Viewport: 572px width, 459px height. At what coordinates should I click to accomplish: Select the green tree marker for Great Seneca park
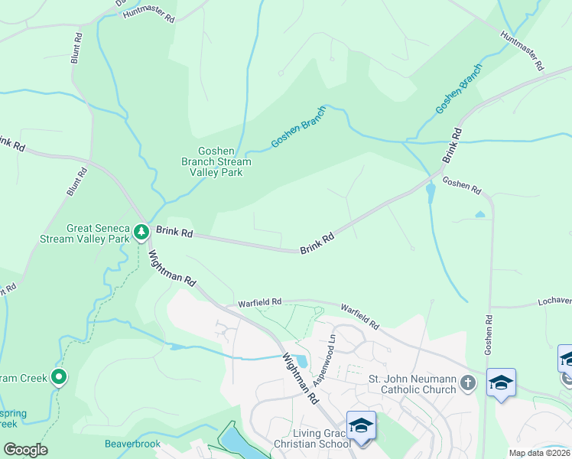coord(141,230)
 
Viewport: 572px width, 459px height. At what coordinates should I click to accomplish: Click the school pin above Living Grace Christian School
coord(361,425)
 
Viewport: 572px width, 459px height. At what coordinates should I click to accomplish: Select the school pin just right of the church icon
coord(501,382)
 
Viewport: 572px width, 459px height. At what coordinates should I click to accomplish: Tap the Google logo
coord(25,450)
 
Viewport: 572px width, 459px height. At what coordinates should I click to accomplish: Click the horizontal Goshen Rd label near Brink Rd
coord(462,185)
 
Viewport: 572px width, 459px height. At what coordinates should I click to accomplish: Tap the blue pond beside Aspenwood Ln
coord(301,361)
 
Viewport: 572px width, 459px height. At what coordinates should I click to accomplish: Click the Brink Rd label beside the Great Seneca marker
coord(174,231)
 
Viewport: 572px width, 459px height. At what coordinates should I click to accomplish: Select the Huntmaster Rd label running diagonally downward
coord(522,51)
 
